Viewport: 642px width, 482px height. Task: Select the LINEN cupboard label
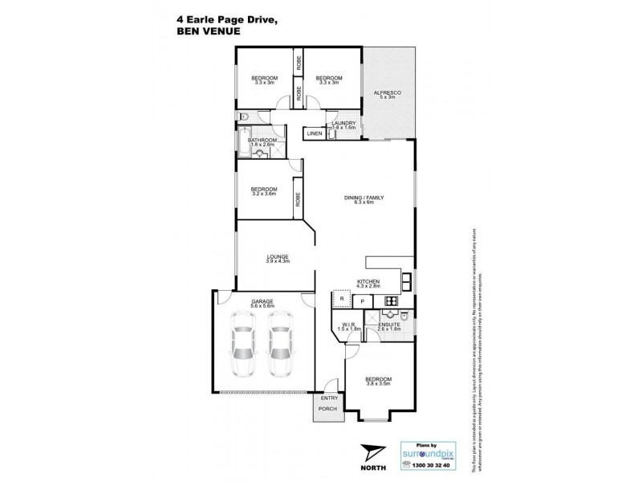coord(314,133)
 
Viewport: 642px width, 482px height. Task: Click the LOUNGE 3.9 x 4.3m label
coord(278,259)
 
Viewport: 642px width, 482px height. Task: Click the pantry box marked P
coord(363,301)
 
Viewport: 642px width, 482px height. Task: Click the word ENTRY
coord(329,398)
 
